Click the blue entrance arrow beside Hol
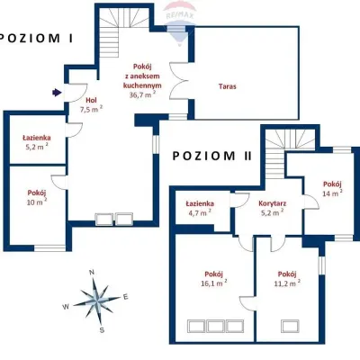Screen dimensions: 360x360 tap(57, 93)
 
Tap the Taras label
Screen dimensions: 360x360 tap(228, 86)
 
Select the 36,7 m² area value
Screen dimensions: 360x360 tap(142, 94)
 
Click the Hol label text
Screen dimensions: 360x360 tap(91, 101)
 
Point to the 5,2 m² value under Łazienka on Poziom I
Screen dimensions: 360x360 tap(36, 147)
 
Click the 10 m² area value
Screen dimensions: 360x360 tap(37, 202)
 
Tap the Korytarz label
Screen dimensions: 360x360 tap(272, 203)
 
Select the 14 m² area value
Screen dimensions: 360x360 tap(332, 193)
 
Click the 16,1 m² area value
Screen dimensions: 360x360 tap(213, 283)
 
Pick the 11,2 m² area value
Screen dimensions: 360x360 tap(287, 283)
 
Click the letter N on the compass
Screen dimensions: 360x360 tap(92, 273)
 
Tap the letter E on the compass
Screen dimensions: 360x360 tap(126, 297)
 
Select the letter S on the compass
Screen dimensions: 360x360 tap(102, 330)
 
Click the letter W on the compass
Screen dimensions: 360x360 tap(66, 306)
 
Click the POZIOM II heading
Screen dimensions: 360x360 tap(211, 156)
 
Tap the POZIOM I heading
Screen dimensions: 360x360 tap(36, 38)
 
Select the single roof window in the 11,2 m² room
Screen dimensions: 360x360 tap(290, 326)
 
